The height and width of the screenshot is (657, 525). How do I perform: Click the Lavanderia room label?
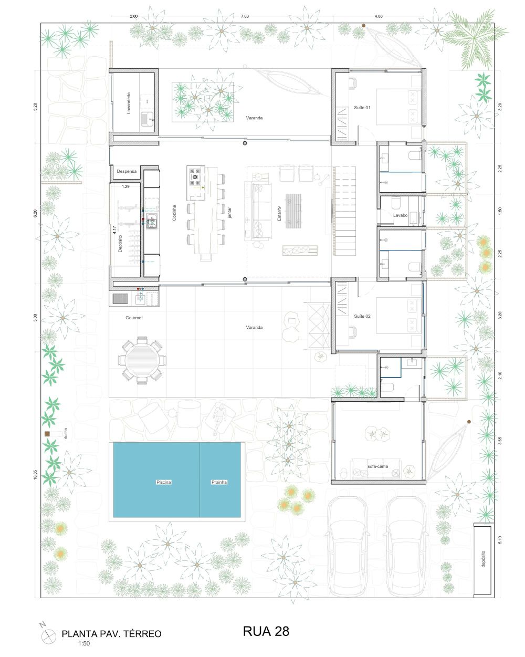[129, 103]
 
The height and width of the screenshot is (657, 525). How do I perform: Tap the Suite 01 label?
[362, 108]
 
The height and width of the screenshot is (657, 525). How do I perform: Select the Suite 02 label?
[362, 316]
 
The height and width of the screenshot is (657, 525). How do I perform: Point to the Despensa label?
[127, 171]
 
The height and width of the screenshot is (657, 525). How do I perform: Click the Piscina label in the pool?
[164, 482]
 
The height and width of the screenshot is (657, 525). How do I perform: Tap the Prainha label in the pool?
[219, 482]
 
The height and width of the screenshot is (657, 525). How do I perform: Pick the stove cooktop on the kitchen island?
[195, 176]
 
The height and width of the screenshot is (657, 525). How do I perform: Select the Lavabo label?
[400, 215]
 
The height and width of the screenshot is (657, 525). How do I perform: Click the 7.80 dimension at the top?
[245, 16]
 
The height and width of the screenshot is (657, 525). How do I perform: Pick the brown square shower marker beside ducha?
[47, 434]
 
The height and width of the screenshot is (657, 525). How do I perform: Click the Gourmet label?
[134, 318]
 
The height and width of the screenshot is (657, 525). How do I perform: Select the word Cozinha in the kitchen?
[174, 213]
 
